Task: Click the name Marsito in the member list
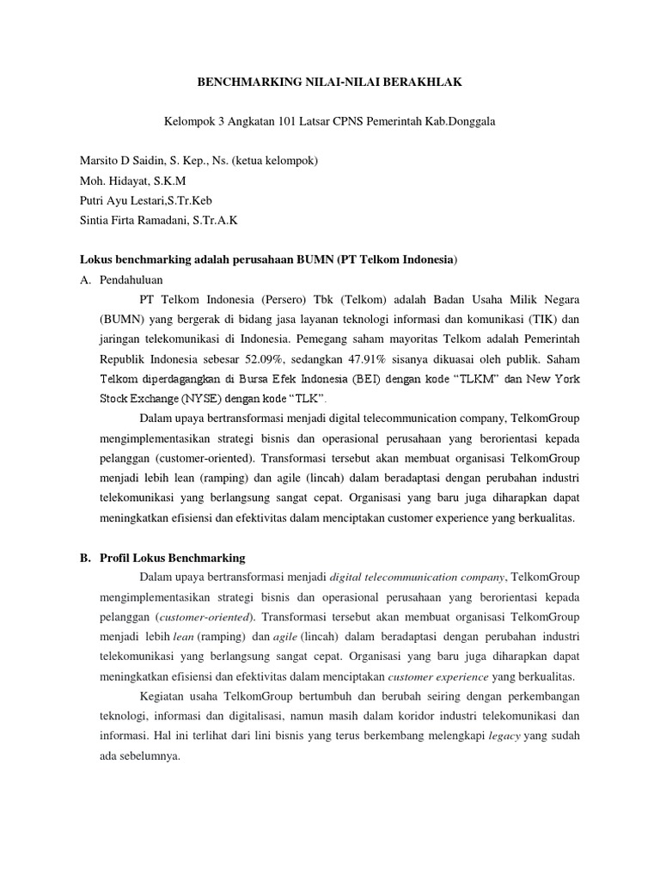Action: point(98,161)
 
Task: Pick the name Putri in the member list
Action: point(94,200)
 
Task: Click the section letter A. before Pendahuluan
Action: point(85,280)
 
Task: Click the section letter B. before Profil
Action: point(85,558)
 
